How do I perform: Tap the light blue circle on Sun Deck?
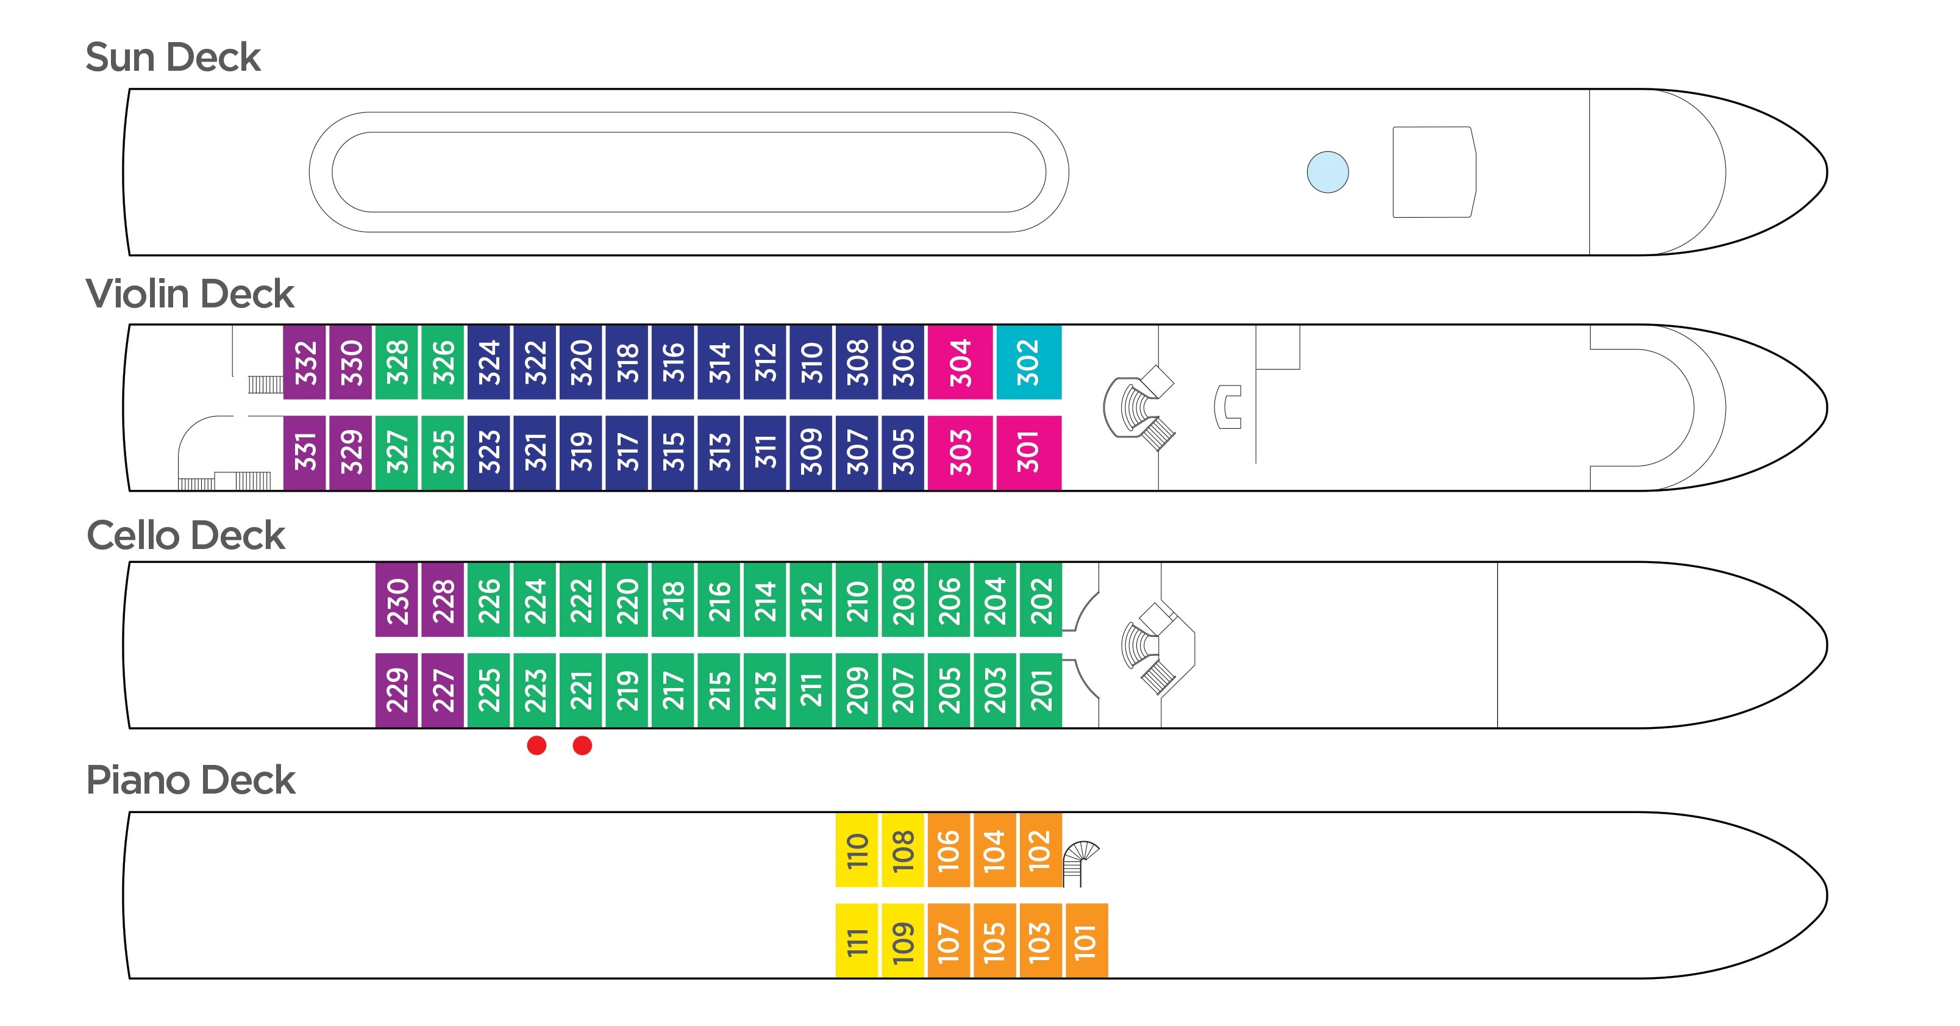[1327, 172]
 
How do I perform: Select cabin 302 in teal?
[1028, 362]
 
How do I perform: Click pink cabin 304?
[960, 362]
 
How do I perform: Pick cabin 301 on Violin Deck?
[1028, 452]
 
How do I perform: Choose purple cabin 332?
[305, 362]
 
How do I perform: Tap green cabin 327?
[396, 452]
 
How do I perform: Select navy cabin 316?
[672, 362]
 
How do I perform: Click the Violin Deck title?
[190, 294]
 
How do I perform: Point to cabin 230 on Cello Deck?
[396, 600]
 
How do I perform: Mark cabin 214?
[764, 600]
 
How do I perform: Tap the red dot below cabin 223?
[536, 745]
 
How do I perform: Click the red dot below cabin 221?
[582, 745]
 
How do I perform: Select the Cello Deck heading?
[186, 536]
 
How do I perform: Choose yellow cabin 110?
[857, 850]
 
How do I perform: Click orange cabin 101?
[1086, 941]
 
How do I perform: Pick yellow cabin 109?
[902, 941]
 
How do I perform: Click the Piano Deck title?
[190, 780]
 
